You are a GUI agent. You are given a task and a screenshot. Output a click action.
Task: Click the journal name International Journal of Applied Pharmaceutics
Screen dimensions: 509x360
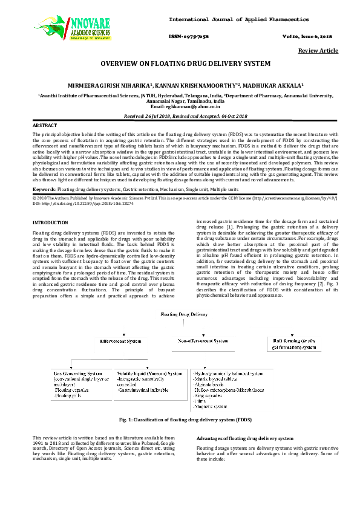[238, 20]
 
